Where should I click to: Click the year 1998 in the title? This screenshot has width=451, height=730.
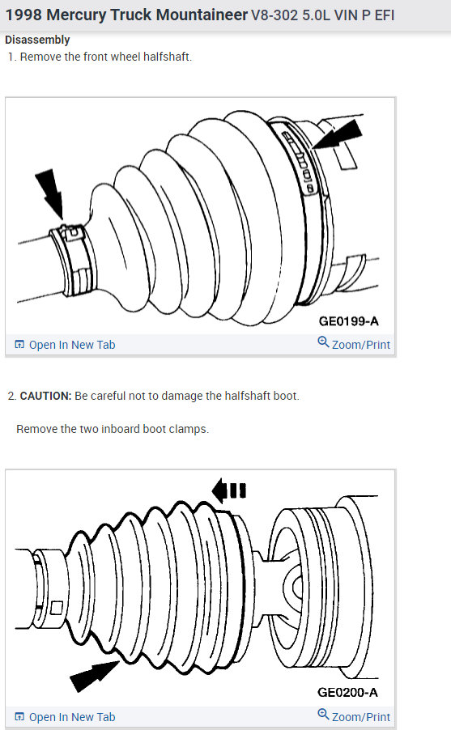point(23,15)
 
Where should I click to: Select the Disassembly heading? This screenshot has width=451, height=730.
point(37,40)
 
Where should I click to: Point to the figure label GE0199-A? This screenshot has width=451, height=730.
point(347,320)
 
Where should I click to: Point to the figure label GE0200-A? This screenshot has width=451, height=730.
point(347,692)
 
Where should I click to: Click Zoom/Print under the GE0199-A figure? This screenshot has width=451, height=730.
point(360,345)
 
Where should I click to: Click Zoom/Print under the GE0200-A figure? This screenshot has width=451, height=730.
point(360,717)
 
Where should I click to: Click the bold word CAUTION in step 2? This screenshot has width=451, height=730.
point(45,396)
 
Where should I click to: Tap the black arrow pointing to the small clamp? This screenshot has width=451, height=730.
point(50,193)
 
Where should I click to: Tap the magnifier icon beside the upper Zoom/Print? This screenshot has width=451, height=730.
point(323,343)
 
